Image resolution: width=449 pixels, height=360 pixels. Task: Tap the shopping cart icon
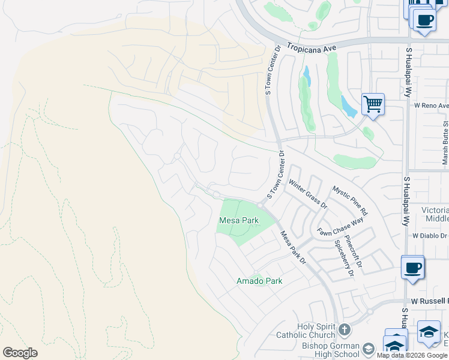coord(373,105)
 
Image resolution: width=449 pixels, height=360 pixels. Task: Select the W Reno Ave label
coord(431,106)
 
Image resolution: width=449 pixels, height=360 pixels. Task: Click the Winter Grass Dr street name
coord(307,193)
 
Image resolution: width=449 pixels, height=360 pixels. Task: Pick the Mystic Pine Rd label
coord(350,200)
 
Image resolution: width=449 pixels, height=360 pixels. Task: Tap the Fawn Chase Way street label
coord(340,227)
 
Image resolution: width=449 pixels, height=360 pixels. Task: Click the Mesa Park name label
coord(238,221)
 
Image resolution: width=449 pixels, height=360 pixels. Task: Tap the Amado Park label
coord(259,281)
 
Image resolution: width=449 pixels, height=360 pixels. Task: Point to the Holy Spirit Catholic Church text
coord(304,331)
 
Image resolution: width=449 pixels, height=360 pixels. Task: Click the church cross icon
coord(344,329)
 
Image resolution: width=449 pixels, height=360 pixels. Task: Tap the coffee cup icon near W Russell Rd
coord(412,268)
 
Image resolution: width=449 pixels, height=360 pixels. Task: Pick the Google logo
coord(20,353)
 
